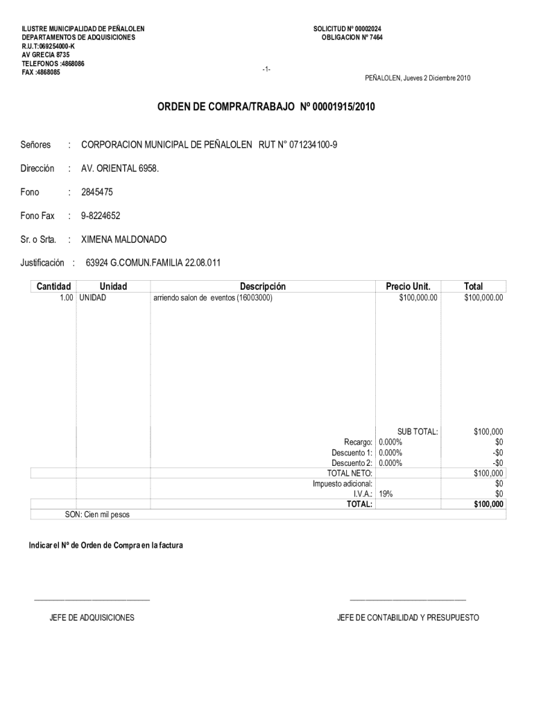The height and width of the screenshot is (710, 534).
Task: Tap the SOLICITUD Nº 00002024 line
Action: [x=347, y=28]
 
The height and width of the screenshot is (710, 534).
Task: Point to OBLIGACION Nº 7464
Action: [x=352, y=37]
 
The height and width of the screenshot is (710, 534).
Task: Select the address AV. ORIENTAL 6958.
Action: [x=120, y=168]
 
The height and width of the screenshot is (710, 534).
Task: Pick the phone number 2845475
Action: [x=97, y=192]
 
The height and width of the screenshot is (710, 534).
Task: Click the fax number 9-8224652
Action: [x=101, y=216]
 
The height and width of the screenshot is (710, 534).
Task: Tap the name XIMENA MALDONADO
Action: [x=124, y=239]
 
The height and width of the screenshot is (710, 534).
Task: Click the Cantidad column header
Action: [x=53, y=286]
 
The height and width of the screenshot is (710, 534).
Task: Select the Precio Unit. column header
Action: [x=408, y=286]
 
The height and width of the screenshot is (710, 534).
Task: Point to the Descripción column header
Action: [x=263, y=286]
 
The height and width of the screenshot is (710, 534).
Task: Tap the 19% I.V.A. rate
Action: [x=386, y=494]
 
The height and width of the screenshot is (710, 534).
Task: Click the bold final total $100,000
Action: [x=488, y=504]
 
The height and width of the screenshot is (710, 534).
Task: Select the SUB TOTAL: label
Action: [x=417, y=431]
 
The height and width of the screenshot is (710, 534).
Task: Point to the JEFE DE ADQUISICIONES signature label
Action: [x=92, y=617]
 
